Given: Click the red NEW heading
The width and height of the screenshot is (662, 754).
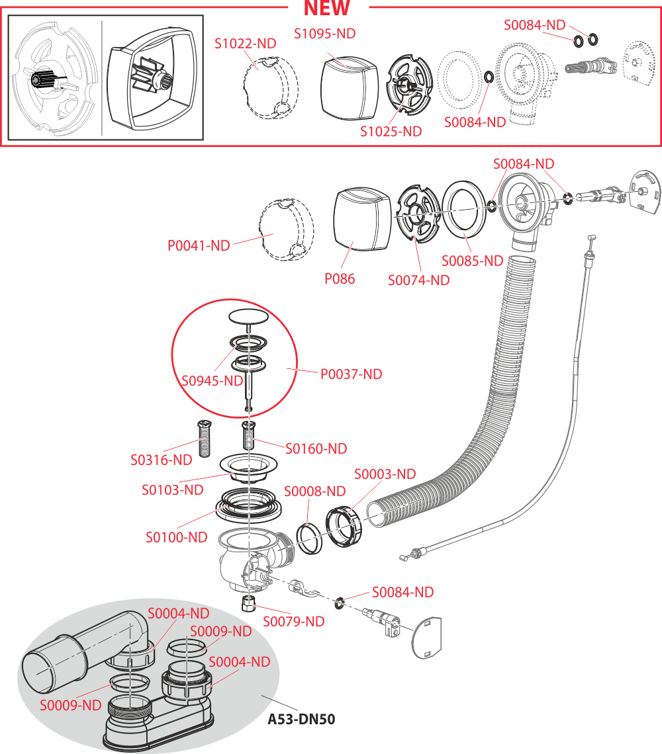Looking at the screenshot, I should pos(327,9).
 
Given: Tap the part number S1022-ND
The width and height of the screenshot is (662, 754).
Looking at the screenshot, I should pos(246,44).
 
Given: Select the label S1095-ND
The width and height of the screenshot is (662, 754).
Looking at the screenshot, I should pos(325,33).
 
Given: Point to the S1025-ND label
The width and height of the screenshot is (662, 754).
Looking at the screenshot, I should pos(391,131).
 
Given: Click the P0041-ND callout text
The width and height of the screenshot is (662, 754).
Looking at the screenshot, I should pos(199,245).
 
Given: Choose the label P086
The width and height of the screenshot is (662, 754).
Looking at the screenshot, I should pos(340,278).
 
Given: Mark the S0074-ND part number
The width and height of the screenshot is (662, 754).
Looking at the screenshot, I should pos(419,280).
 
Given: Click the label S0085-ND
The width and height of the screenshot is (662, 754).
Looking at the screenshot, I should pos(473,261).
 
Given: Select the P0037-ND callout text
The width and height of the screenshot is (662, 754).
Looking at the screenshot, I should pos(352,374).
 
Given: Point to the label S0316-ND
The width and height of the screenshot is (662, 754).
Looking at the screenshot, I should pos(162,459).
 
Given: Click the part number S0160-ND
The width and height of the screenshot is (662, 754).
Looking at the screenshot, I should pos(316,448).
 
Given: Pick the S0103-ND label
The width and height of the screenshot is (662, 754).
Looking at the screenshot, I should pos(173,490).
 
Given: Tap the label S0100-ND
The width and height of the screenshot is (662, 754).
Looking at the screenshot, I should pos(177,537).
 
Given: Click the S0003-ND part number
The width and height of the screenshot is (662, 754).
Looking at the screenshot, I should pos(385,474).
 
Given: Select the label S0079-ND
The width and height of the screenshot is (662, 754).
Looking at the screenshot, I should pos(294,622).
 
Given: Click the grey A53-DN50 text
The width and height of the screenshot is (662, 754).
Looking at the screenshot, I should pos(301,719).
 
